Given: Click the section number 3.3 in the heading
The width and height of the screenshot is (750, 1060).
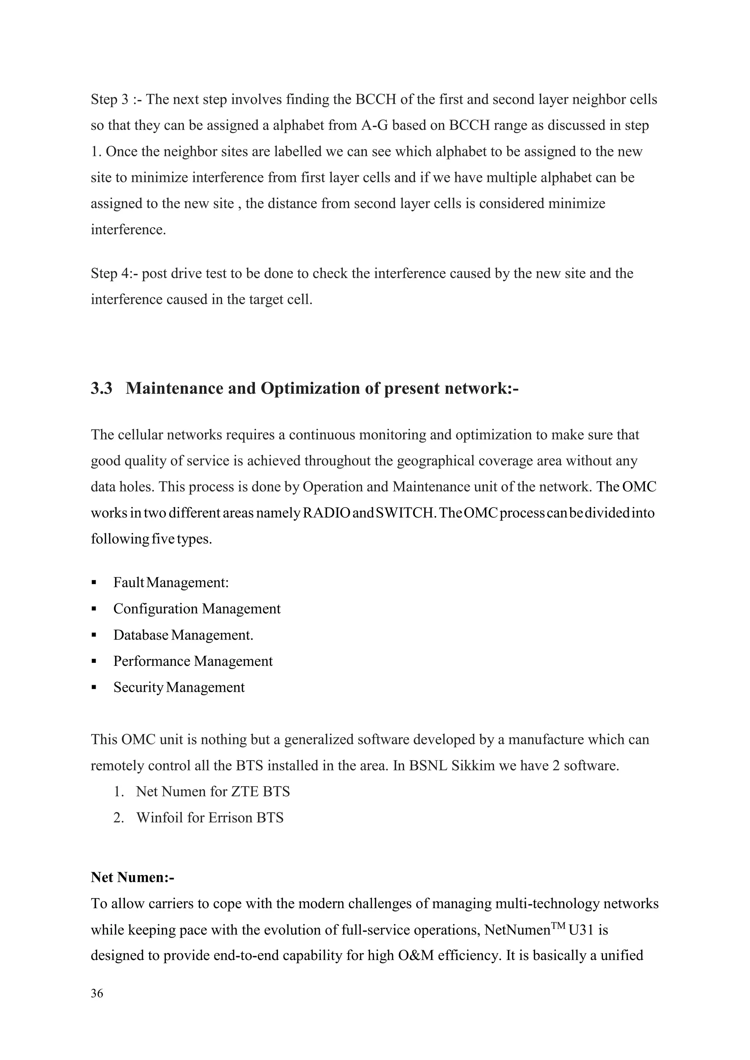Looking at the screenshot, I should (101, 389).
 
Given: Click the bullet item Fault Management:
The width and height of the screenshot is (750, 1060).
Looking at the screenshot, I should (171, 583).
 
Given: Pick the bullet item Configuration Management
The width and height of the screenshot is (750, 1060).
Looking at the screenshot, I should (197, 609).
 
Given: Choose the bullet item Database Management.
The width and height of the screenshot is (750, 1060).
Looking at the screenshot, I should (183, 635).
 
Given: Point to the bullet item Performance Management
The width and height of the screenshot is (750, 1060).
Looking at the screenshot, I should (193, 661).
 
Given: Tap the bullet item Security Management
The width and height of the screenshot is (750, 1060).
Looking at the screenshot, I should (179, 687).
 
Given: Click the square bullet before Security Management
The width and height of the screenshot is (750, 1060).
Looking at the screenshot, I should (94, 688).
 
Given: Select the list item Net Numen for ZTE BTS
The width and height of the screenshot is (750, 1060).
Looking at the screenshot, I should (212, 792).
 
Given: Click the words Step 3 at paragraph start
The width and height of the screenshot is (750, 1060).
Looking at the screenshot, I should (109, 100).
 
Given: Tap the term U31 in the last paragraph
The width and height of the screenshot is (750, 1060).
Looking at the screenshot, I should (582, 930).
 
